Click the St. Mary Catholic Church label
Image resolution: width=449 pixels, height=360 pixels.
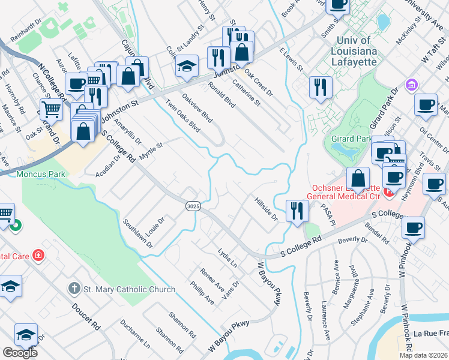[129, 289]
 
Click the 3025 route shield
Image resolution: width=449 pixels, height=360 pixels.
[193, 206]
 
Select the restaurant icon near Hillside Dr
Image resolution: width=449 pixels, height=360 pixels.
[297, 211]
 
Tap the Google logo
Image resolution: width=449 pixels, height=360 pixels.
[20, 353]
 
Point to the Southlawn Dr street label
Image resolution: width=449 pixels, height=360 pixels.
[138, 234]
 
